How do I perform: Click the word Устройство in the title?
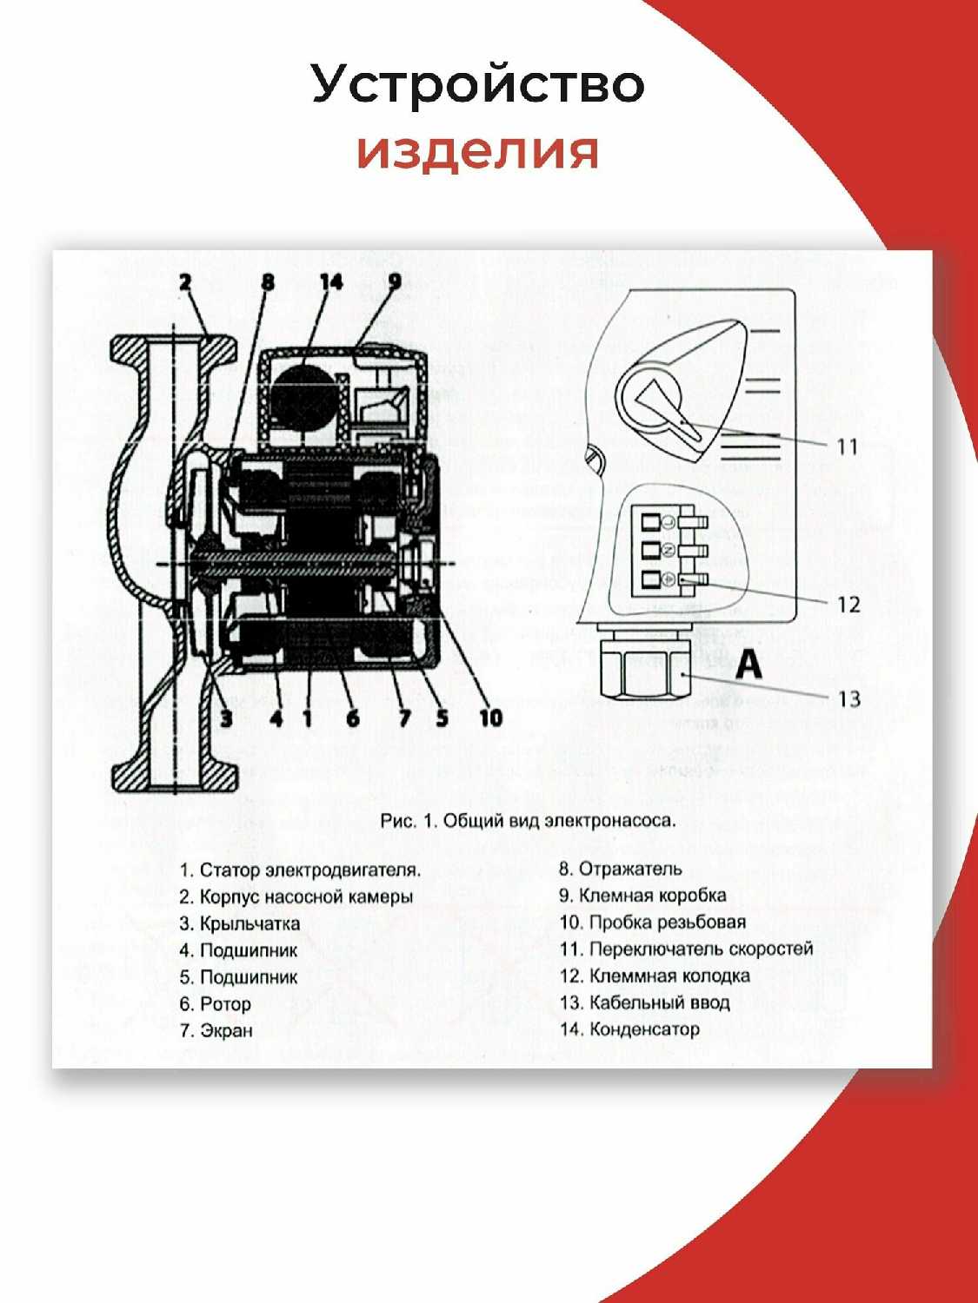click(x=478, y=85)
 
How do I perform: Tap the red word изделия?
click(x=478, y=152)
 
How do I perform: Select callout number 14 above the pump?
click(x=331, y=282)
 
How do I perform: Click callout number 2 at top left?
click(x=185, y=282)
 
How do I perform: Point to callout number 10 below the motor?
click(x=491, y=718)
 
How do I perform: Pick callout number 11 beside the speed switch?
click(x=847, y=446)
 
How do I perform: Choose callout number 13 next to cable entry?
click(x=848, y=698)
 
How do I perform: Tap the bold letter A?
click(x=748, y=665)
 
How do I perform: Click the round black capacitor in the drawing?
click(x=303, y=397)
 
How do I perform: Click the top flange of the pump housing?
click(x=174, y=352)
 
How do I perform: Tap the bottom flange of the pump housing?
click(x=174, y=776)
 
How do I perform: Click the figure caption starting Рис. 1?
click(x=528, y=821)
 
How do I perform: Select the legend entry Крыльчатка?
click(x=240, y=923)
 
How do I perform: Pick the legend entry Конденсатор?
click(x=629, y=1029)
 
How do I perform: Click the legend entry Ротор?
click(x=216, y=1004)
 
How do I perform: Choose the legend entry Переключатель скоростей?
click(x=687, y=949)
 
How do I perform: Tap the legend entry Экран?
click(x=216, y=1031)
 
